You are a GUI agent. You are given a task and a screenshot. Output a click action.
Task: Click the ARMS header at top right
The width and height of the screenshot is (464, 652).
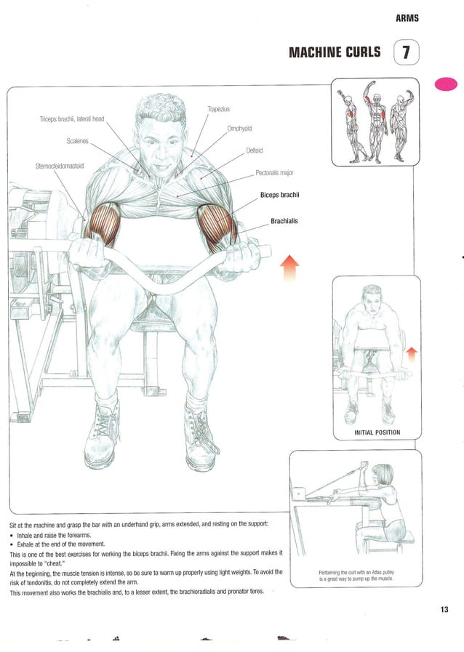tap(407, 18)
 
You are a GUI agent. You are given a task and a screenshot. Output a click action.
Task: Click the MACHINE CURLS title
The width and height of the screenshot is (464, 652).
tap(335, 52)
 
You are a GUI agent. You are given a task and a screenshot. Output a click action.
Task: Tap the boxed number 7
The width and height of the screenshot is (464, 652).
tap(406, 52)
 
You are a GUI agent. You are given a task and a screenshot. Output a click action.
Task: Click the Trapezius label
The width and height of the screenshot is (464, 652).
tap(218, 109)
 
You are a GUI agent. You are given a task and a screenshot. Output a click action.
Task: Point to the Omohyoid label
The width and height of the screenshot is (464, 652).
tap(239, 129)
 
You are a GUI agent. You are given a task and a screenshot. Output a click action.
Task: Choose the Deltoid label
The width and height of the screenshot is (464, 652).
tap(254, 151)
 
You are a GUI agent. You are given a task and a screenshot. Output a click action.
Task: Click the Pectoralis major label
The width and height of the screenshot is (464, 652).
tap(274, 174)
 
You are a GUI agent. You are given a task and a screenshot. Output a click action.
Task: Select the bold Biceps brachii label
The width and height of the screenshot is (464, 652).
tap(280, 196)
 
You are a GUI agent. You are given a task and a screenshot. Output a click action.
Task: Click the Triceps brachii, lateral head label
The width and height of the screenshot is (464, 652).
tap(72, 119)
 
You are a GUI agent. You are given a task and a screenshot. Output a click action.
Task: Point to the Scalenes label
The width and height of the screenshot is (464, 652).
tap(78, 141)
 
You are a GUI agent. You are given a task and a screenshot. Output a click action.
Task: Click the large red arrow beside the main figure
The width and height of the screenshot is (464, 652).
tap(289, 268)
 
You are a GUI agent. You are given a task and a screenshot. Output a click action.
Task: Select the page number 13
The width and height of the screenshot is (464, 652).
tap(444, 610)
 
